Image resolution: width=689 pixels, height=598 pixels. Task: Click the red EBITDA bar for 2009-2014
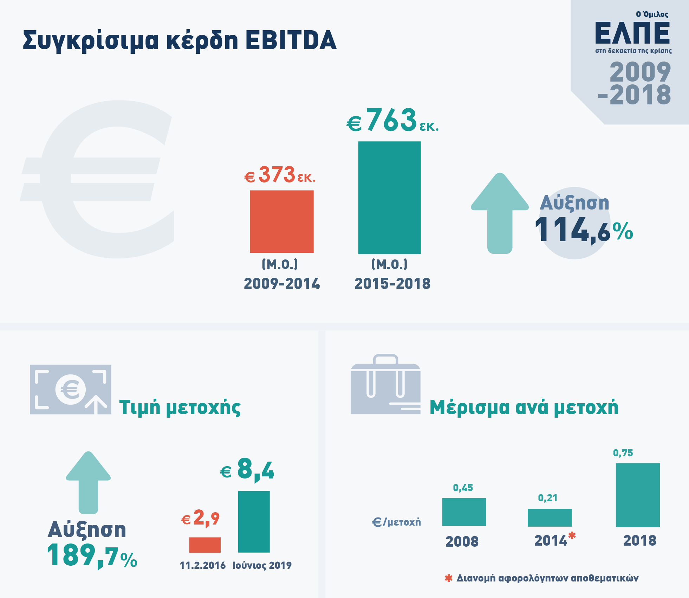click(281, 221)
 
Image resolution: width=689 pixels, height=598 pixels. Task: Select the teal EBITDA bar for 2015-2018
click(389, 198)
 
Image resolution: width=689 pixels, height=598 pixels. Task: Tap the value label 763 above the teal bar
click(391, 120)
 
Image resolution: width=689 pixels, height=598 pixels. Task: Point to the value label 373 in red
click(277, 175)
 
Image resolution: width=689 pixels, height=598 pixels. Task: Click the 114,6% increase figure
click(583, 230)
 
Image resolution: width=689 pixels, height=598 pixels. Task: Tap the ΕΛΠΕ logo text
click(632, 33)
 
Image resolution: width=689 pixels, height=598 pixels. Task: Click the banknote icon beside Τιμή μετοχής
click(71, 390)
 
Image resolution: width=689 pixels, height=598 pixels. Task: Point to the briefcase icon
click(385, 385)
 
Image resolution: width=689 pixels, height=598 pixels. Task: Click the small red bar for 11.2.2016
click(205, 545)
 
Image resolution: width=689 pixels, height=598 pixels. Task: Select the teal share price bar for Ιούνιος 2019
click(254, 522)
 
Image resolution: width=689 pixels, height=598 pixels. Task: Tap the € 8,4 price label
click(247, 470)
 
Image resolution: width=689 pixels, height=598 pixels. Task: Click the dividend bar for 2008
click(464, 512)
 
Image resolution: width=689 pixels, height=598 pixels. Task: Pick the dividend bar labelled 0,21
click(550, 517)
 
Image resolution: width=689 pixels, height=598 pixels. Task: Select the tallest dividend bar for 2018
click(637, 495)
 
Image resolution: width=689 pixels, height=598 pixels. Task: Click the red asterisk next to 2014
click(572, 535)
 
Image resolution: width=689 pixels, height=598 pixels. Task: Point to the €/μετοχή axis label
click(396, 522)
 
